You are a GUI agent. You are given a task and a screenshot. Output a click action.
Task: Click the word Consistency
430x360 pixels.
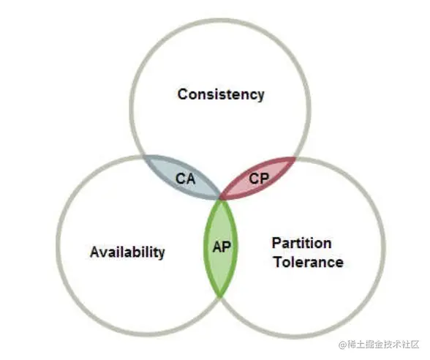221,94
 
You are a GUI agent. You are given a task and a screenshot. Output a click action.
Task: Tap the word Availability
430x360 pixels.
127,252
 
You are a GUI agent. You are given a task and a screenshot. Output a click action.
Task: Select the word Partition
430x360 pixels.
301,243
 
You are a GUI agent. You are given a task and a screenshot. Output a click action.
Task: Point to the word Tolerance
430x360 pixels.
309,262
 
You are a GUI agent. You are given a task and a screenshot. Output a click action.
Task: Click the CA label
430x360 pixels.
186,179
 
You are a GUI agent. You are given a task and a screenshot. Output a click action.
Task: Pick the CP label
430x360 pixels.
259,179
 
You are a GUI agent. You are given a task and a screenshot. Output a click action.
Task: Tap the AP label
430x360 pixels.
222,247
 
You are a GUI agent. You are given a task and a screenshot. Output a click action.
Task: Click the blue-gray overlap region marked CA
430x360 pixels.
181,176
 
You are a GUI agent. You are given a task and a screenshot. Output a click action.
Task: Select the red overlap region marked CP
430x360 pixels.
257,178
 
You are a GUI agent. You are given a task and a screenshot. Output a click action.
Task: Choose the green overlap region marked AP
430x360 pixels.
221,248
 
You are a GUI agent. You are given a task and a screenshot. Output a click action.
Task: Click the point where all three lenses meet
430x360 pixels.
220,199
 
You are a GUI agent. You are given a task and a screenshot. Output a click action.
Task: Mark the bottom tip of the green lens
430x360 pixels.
220,296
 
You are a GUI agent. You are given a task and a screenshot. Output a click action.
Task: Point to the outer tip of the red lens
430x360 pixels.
295,157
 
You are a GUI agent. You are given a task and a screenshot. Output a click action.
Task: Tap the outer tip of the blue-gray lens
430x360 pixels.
143,156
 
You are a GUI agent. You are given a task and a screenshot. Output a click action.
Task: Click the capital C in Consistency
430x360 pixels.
183,94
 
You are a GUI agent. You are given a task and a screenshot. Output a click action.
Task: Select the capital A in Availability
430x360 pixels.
95,252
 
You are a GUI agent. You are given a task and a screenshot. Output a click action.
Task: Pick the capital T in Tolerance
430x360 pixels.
279,262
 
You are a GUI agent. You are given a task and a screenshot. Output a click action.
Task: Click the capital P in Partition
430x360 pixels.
276,243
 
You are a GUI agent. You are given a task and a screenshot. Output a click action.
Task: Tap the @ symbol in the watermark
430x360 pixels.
343,345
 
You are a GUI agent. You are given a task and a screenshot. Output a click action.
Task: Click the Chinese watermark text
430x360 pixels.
383,344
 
